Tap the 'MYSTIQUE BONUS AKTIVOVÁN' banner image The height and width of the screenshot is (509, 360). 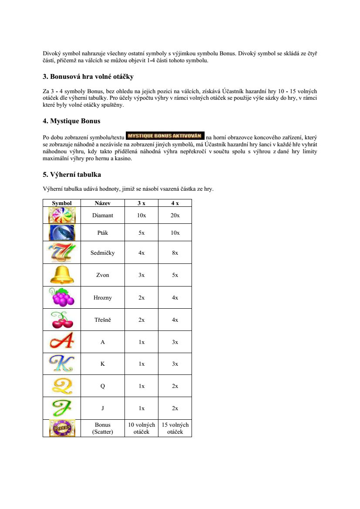pyautogui.click(x=165, y=135)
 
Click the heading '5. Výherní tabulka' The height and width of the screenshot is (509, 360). pyautogui.click(x=72, y=175)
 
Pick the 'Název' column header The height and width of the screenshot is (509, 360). pyautogui.click(x=102, y=203)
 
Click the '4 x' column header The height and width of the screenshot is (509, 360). pyautogui.click(x=175, y=203)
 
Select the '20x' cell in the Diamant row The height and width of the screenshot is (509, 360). pyautogui.click(x=175, y=215)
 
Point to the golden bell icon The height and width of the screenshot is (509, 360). pyautogui.click(x=62, y=275)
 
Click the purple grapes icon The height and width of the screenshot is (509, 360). pyautogui.click(x=62, y=297)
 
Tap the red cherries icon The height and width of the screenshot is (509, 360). pyautogui.click(x=62, y=320)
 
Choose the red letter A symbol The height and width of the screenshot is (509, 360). pyautogui.click(x=62, y=342)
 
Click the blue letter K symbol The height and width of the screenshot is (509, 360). pyautogui.click(x=62, y=364)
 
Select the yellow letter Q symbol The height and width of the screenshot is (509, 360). pyautogui.click(x=62, y=386)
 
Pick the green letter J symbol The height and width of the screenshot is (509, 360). pyautogui.click(x=62, y=408)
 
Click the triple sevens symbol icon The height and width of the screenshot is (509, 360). pyautogui.click(x=62, y=253)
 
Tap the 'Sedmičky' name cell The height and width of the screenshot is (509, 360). pyautogui.click(x=102, y=253)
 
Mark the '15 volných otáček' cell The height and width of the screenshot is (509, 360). pyautogui.click(x=175, y=428)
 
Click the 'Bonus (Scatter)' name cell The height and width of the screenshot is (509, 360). pyautogui.click(x=102, y=428)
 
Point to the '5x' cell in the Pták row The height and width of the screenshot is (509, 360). pyautogui.click(x=141, y=233)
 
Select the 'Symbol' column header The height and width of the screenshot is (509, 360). pyautogui.click(x=62, y=203)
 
